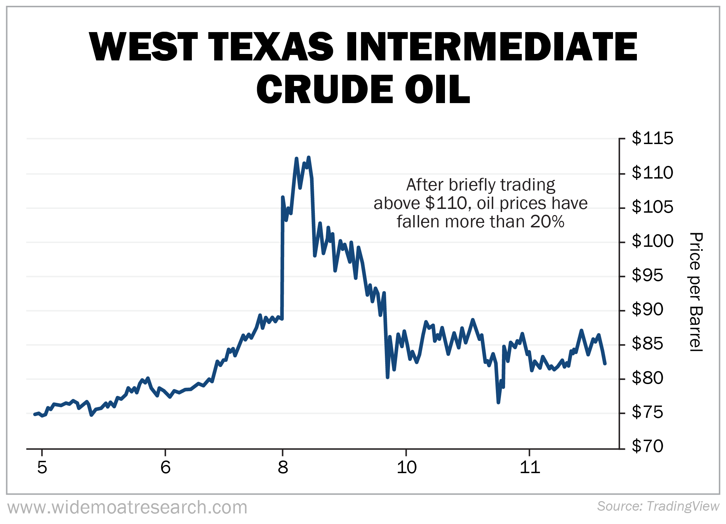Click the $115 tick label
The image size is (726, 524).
(652, 138)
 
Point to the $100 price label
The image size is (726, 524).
(652, 241)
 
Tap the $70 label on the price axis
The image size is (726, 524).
(647, 446)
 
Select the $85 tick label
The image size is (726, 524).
(647, 343)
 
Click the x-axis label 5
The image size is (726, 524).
(42, 467)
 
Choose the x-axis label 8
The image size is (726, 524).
(283, 467)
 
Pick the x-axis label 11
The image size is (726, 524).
(530, 467)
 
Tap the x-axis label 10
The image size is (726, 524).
(406, 467)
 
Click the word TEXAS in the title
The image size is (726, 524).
(270, 47)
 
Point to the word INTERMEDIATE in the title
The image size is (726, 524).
(491, 47)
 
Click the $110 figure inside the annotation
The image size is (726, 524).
(446, 203)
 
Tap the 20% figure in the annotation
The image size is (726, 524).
(547, 222)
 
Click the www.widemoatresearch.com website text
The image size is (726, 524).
(127, 507)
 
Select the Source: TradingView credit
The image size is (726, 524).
(658, 506)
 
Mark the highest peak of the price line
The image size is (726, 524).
(309, 157)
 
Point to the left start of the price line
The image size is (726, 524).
(34, 414)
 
